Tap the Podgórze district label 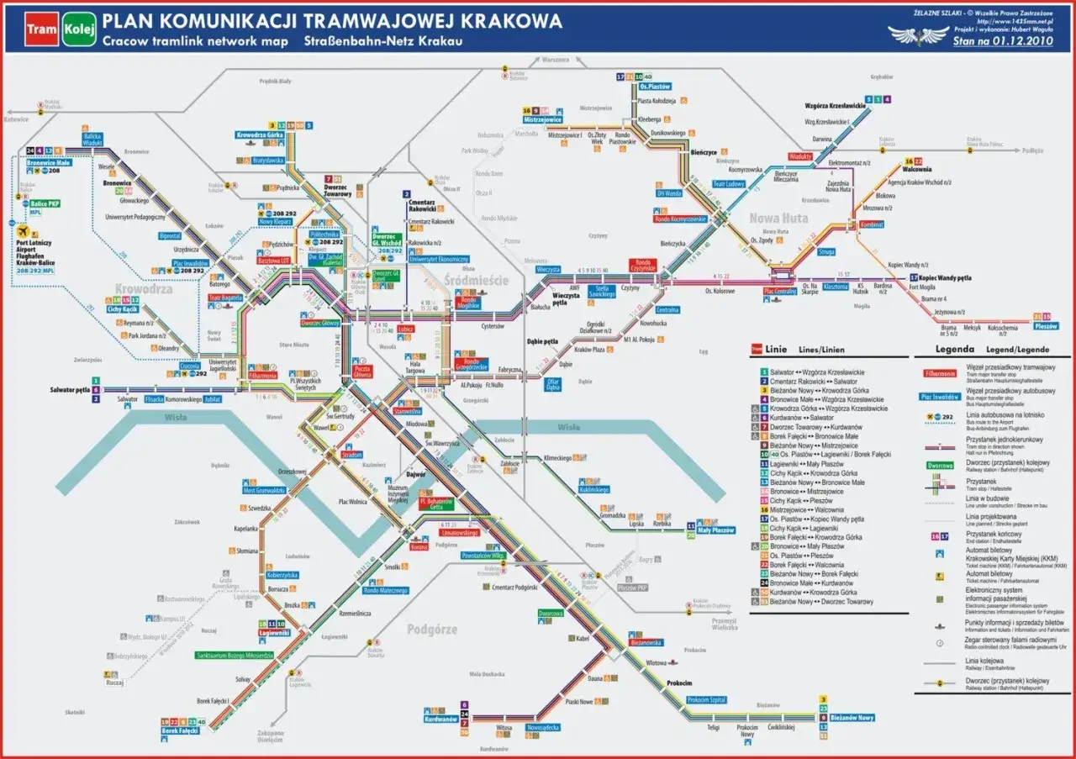pyautogui.click(x=432, y=629)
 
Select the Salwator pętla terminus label pyautogui.click(x=69, y=390)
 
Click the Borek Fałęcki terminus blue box pyautogui.click(x=179, y=731)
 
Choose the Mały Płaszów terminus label pyautogui.click(x=716, y=530)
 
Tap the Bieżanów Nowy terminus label pyautogui.click(x=852, y=718)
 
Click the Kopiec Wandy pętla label pyautogui.click(x=946, y=277)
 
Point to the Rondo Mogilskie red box pyautogui.click(x=467, y=303)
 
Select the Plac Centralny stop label pyautogui.click(x=779, y=292)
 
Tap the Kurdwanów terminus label pyautogui.click(x=440, y=719)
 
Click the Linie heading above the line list pyautogui.click(x=777, y=349)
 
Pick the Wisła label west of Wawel pyautogui.click(x=175, y=416)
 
